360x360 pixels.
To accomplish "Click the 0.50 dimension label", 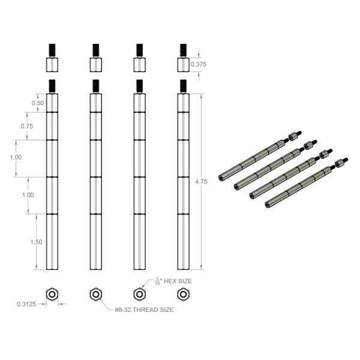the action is pyautogui.click(x=38, y=103).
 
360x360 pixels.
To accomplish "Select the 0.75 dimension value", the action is pyautogui.click(x=27, y=126).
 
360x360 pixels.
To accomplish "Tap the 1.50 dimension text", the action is pyautogui.click(x=36, y=242).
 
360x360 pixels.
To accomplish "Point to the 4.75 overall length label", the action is pyautogui.click(x=201, y=182).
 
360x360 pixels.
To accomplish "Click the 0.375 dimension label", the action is pyautogui.click(x=199, y=64).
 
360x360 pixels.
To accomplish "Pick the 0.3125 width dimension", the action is pyautogui.click(x=26, y=304).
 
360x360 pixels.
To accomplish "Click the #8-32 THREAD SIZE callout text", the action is pyautogui.click(x=144, y=310).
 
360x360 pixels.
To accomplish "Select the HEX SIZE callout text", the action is pyautogui.click(x=178, y=281).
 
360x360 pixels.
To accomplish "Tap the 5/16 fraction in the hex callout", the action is pyautogui.click(x=157, y=281).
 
